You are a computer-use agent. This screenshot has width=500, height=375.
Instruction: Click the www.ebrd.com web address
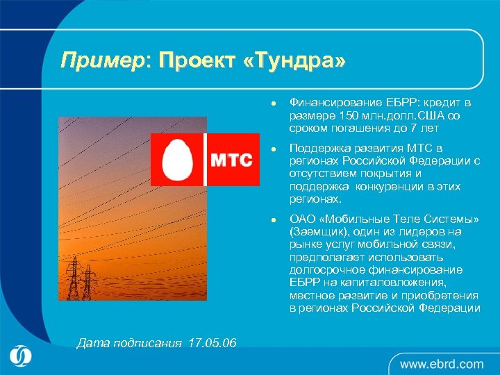tap(442, 363)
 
